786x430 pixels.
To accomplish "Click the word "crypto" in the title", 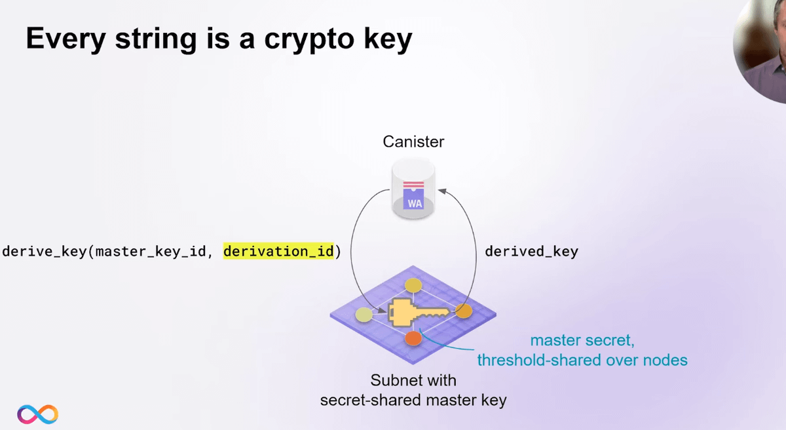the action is (x=309, y=40).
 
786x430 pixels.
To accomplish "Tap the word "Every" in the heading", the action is (x=65, y=39).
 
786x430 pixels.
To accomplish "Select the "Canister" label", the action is (x=413, y=142).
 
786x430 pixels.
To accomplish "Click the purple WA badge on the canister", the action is (x=414, y=199).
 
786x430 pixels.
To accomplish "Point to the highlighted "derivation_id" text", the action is (x=278, y=251).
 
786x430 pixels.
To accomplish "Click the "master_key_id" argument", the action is (x=151, y=252).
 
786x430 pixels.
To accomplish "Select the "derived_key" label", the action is (x=531, y=252).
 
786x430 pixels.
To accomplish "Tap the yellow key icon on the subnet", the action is (x=419, y=313).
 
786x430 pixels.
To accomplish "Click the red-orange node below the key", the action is (x=413, y=338).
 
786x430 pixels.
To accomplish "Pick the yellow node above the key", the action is (x=413, y=285).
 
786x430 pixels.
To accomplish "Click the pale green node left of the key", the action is (x=364, y=315).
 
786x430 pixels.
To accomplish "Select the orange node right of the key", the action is (x=464, y=311).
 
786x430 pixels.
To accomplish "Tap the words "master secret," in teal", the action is (x=582, y=340).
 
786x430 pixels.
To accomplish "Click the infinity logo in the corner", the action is (x=37, y=414).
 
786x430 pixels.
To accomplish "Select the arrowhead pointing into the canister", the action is (x=441, y=191).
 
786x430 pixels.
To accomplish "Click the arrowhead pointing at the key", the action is (x=382, y=310).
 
